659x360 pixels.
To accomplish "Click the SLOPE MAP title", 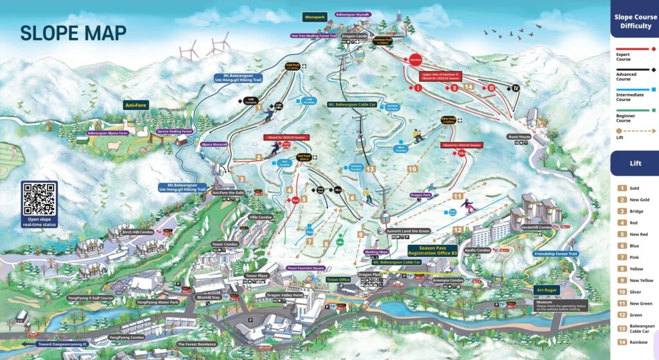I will [73, 33].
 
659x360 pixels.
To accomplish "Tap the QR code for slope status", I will [39, 198].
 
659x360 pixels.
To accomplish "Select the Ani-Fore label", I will [136, 104].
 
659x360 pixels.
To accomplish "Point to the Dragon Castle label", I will [353, 37].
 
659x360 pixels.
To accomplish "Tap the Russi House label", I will [518, 136].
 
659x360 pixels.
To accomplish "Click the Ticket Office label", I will [338, 279].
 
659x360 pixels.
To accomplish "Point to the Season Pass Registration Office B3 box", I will [433, 250].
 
